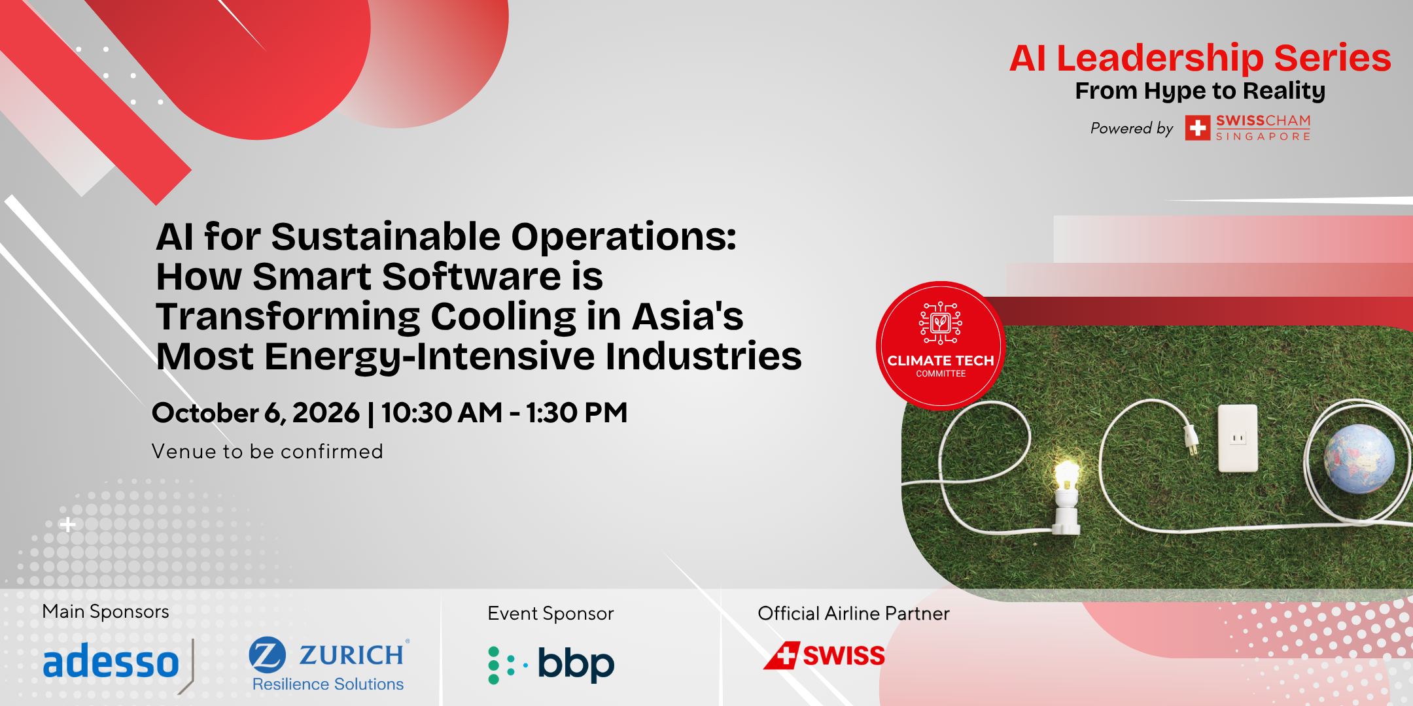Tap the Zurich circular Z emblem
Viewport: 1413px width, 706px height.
[268, 654]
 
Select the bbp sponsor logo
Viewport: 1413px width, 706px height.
[551, 665]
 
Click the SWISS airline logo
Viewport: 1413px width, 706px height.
[824, 655]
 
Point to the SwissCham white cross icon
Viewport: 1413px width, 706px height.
[1198, 128]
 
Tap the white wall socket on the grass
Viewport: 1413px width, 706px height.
[1238, 438]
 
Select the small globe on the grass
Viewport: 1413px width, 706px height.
[1359, 458]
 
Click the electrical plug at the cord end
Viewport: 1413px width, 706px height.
[1189, 437]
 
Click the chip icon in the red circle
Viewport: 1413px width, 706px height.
[941, 323]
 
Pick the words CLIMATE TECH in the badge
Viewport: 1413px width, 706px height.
[941, 360]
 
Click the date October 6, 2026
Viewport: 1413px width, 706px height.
[256, 413]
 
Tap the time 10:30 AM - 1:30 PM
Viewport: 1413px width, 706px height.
[504, 413]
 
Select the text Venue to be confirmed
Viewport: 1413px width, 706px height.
[268, 451]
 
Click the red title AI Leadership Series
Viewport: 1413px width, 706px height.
[1200, 58]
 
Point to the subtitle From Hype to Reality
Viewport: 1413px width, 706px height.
[1200, 91]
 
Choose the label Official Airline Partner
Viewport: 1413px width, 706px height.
[854, 613]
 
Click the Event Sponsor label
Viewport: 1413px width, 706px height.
[551, 613]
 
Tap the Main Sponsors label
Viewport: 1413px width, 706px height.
[106, 611]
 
